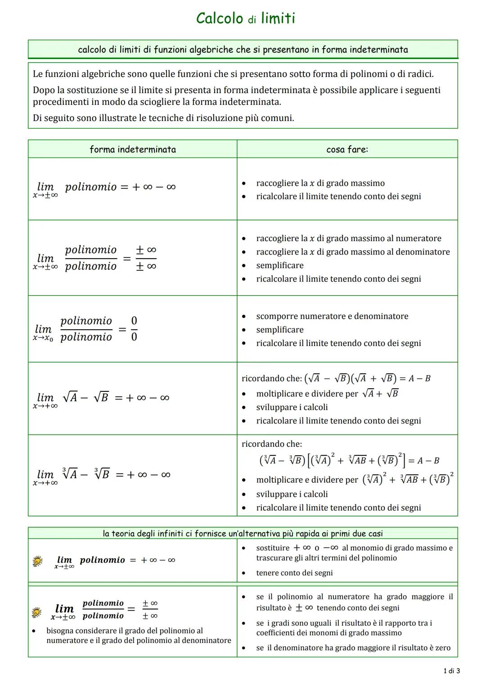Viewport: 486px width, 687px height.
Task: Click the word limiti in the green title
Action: pyautogui.click(x=278, y=18)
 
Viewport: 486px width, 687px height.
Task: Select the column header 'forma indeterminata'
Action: pyautogui.click(x=133, y=149)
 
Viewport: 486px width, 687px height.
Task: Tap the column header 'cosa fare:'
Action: pyautogui.click(x=347, y=149)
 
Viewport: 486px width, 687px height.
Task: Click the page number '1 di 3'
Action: pyautogui.click(x=451, y=671)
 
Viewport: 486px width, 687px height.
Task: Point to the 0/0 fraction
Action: pyautogui.click(x=134, y=329)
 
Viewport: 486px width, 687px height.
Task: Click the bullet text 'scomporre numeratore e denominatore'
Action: pyautogui.click(x=332, y=316)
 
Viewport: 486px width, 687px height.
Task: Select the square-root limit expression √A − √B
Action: pyautogui.click(x=85, y=398)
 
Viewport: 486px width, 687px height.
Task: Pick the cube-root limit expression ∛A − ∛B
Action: pyautogui.click(x=86, y=475)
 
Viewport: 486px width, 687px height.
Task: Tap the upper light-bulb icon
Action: pyautogui.click(x=38, y=561)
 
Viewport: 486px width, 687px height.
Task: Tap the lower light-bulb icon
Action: pyautogui.click(x=38, y=612)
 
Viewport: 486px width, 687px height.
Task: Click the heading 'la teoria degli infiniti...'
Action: pyautogui.click(x=243, y=534)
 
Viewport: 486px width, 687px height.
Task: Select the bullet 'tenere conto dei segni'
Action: pyautogui.click(x=294, y=573)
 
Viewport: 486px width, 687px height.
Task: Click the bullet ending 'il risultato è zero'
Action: pyautogui.click(x=353, y=648)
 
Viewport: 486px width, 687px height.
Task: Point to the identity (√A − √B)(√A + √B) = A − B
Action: pyautogui.click(x=367, y=378)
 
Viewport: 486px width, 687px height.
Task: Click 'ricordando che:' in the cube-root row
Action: pyautogui.click(x=272, y=444)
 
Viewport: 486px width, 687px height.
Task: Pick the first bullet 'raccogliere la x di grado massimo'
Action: pyautogui.click(x=320, y=183)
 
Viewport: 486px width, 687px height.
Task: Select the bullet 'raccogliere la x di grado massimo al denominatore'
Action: pyautogui.click(x=353, y=252)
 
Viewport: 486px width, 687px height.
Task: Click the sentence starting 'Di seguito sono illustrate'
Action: pyautogui.click(x=163, y=118)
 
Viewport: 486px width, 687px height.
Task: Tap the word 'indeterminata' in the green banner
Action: pyautogui.click(x=379, y=49)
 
